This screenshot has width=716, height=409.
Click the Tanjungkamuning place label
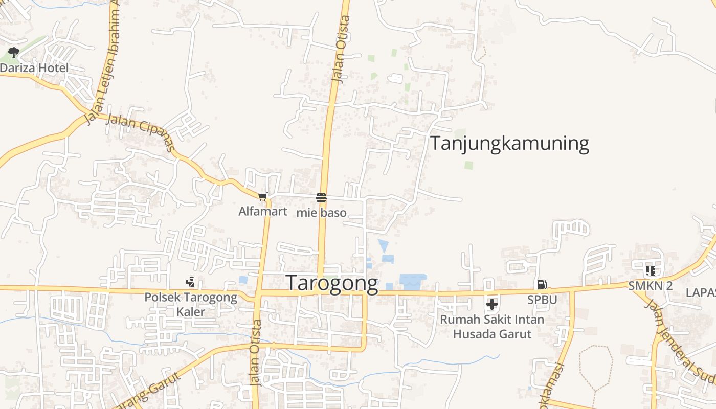pyautogui.click(x=509, y=143)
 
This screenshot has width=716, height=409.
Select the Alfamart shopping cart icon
pyautogui.click(x=263, y=196)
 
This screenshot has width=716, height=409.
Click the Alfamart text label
pyautogui.click(x=263, y=211)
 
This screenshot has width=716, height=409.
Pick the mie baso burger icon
pyautogui.click(x=321, y=198)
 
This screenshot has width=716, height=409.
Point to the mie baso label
pyautogui.click(x=321, y=213)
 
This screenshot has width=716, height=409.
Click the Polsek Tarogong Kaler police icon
pyautogui.click(x=190, y=282)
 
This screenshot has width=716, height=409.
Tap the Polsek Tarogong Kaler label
pyautogui.click(x=191, y=304)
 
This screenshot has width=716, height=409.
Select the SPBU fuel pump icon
pyautogui.click(x=542, y=285)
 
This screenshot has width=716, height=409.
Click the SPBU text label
pyautogui.click(x=542, y=300)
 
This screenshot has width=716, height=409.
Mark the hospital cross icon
pyautogui.click(x=492, y=304)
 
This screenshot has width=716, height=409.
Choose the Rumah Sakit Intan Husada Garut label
pyautogui.click(x=492, y=327)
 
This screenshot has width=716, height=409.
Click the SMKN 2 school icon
pyautogui.click(x=651, y=270)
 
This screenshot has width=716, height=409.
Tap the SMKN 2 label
pyautogui.click(x=651, y=286)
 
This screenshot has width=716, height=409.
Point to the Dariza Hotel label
pyautogui.click(x=34, y=68)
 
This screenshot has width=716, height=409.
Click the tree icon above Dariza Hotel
pyautogui.click(x=14, y=52)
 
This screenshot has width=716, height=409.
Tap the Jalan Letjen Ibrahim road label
pyautogui.click(x=104, y=61)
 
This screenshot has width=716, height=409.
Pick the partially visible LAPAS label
pyautogui.click(x=701, y=292)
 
